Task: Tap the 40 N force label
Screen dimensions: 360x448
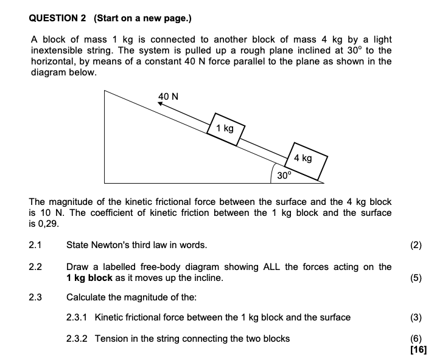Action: point(168,96)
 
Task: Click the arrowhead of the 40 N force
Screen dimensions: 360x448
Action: point(161,105)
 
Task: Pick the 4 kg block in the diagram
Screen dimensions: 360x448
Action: point(304,159)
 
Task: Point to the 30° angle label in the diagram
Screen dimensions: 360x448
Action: point(284,175)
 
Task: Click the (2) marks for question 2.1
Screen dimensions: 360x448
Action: point(416,246)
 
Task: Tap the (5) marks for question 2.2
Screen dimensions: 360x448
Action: point(416,278)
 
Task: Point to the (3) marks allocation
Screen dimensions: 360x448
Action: point(416,317)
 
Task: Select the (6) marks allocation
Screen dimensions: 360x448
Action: point(416,339)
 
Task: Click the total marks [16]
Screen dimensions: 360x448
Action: point(418,349)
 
